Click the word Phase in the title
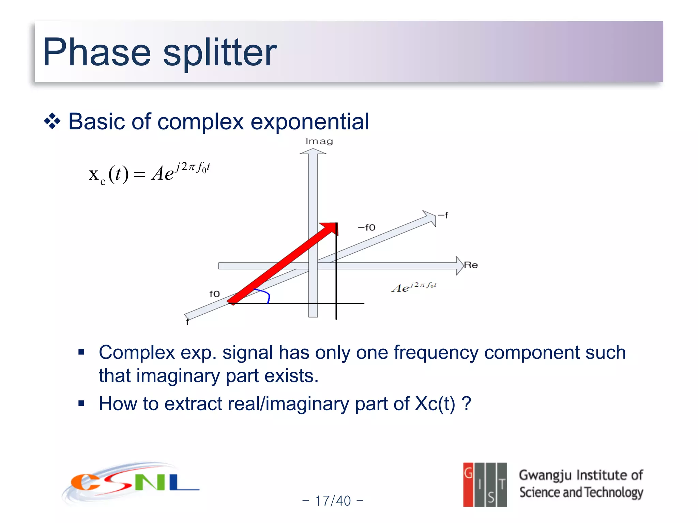click(x=97, y=53)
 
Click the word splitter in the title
click(x=220, y=53)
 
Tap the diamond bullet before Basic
click(x=52, y=122)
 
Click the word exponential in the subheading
click(x=309, y=122)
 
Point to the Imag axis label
click(x=319, y=141)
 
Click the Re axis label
click(x=471, y=265)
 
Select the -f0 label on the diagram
click(x=366, y=227)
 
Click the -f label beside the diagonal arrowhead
click(x=443, y=215)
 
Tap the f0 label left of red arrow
click(x=214, y=294)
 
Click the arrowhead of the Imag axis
click(x=313, y=152)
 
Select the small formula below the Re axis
click(x=414, y=287)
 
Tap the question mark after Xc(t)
click(x=467, y=404)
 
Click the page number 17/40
click(x=333, y=501)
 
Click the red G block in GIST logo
click(x=468, y=484)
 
